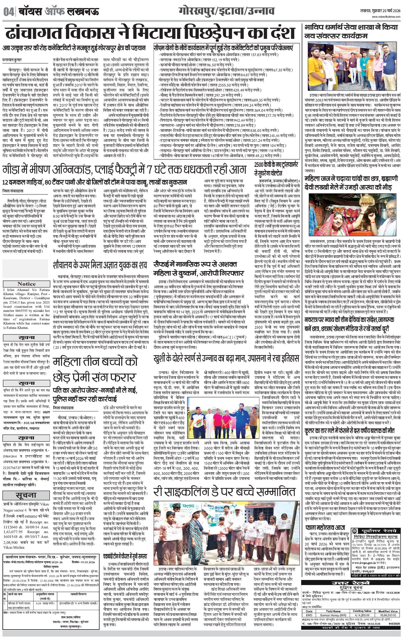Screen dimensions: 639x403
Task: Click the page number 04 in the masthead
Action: (x=9, y=12)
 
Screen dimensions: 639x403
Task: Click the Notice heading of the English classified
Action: (x=26, y=284)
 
